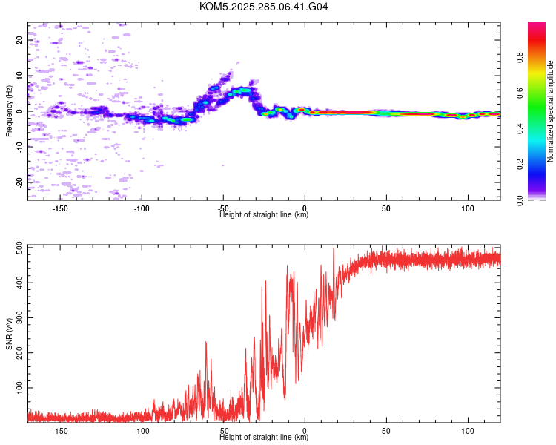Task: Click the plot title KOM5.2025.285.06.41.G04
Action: coord(264,7)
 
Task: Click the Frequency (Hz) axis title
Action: coord(9,111)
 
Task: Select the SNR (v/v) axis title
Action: coord(9,333)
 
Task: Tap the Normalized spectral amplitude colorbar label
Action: coord(551,111)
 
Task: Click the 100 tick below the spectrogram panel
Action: coord(468,208)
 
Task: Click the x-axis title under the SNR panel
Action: coord(264,438)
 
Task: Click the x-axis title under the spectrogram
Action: coord(264,215)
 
